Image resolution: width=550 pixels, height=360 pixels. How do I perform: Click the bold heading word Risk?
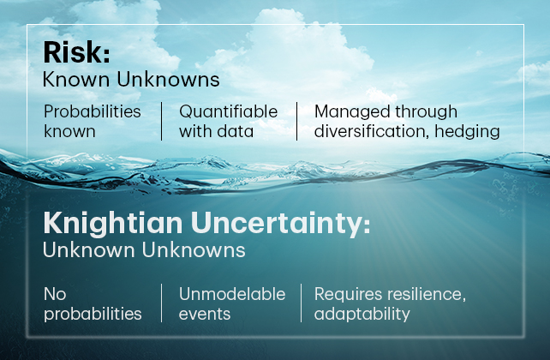[76, 52]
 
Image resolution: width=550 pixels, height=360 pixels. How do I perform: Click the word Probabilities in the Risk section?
[93, 112]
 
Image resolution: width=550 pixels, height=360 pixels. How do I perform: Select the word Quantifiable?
[229, 112]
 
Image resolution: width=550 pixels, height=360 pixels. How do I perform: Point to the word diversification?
[372, 131]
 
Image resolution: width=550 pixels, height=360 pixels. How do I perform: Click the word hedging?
[467, 132]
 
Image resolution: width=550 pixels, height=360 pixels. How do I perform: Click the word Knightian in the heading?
[112, 224]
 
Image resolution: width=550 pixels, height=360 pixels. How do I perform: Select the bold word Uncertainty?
[280, 224]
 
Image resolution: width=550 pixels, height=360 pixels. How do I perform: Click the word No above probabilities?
[55, 294]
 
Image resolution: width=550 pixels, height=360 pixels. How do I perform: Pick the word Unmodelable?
[232, 294]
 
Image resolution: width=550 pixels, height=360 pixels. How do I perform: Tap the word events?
[205, 314]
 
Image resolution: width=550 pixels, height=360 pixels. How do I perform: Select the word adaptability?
[362, 315]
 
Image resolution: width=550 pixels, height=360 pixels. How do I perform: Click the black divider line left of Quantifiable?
[161, 122]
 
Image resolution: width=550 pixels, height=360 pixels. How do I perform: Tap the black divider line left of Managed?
[296, 122]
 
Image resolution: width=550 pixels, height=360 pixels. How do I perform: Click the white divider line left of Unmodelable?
[161, 303]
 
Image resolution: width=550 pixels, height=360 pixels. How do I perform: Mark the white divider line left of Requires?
[301, 303]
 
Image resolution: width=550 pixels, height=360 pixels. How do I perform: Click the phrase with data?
[216, 132]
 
